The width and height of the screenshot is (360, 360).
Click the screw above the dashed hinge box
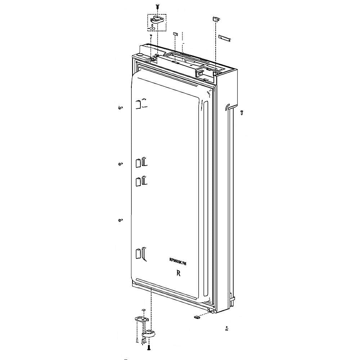[157, 6]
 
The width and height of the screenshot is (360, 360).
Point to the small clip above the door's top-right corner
[215, 18]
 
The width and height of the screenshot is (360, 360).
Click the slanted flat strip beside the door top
[224, 38]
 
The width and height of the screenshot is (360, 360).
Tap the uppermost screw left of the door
[120, 108]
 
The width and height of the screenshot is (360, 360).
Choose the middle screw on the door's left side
[120, 164]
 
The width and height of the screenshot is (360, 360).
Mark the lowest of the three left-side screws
[120, 220]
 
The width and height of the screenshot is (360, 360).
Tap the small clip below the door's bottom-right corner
[197, 317]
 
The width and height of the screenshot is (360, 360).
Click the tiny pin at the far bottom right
[226, 328]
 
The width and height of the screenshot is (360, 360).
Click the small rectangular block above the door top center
[175, 33]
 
